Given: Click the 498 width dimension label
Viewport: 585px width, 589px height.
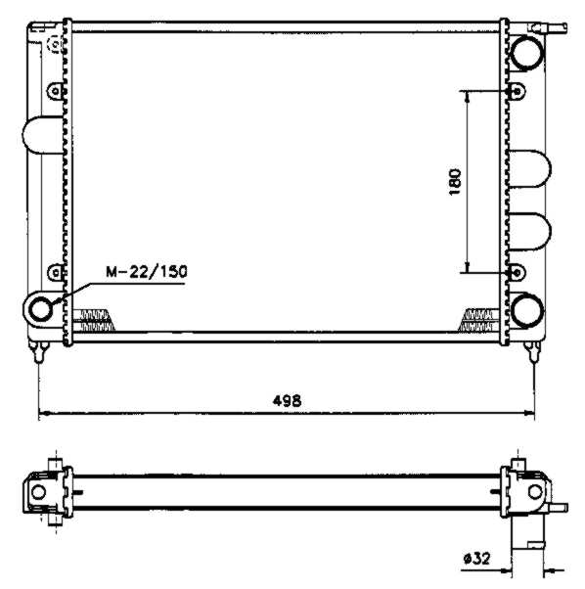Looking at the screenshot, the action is point(287,401).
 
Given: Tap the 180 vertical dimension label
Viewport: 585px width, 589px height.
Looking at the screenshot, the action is point(455,182).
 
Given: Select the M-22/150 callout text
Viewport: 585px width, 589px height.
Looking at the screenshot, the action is point(147,272).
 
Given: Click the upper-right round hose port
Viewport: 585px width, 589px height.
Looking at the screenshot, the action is point(527,52).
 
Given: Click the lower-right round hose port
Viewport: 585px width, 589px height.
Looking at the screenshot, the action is point(527,310).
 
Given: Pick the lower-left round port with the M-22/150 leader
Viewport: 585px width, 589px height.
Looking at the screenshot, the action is point(40,309).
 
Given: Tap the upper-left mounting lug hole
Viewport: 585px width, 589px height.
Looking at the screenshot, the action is point(56,91).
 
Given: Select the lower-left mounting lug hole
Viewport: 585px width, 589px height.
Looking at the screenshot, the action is point(56,273).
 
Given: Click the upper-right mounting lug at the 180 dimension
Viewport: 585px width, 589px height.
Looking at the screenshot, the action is point(517,91).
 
